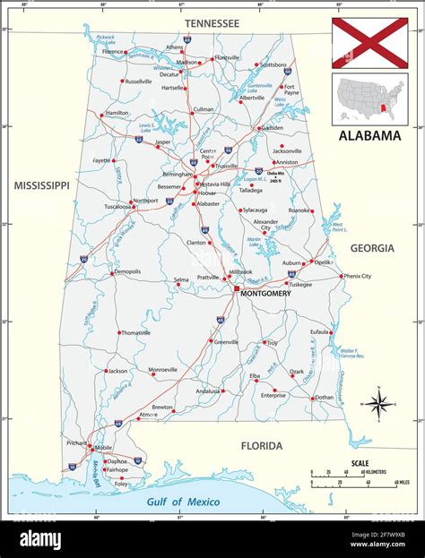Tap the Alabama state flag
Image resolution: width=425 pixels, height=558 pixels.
click(369, 43)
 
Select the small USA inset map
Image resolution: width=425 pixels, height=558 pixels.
click(369, 98)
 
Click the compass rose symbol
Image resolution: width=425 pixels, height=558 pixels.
click(377, 404)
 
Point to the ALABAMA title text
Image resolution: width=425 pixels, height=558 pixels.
click(369, 136)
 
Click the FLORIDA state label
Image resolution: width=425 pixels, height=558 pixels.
click(261, 445)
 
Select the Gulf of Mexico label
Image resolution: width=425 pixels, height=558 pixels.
click(183, 502)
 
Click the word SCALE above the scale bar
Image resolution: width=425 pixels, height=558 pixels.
click(360, 463)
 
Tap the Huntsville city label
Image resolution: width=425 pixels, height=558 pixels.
click(227, 57)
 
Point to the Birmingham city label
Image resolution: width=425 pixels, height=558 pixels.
click(171, 175)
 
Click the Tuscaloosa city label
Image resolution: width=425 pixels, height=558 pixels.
click(97, 205)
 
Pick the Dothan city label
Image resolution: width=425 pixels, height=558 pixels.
click(324, 397)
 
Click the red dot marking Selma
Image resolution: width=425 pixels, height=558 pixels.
click(196, 279)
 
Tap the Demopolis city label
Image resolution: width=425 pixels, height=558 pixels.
click(126, 271)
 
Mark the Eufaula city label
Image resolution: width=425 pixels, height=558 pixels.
click(319, 331)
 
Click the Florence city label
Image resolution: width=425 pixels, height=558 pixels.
click(113, 52)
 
